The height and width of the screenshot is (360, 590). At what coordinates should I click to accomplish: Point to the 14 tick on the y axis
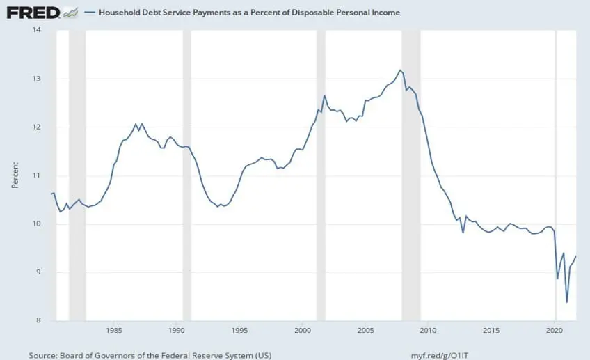36,30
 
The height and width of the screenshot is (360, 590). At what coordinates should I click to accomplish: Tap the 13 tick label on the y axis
36,79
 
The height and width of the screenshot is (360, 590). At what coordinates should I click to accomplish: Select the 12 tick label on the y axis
36,127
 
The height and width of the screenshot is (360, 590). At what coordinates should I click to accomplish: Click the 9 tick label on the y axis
38,272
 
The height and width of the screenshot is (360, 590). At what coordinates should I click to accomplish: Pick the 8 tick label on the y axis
38,320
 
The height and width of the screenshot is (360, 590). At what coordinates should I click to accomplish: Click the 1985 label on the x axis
115,329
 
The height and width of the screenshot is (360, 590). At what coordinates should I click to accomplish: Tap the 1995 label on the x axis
239,329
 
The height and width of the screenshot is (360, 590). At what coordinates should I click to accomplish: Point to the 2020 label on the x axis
555,329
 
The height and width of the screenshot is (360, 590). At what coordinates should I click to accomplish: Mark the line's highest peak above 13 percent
399,70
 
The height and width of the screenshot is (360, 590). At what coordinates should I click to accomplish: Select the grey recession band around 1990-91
186,174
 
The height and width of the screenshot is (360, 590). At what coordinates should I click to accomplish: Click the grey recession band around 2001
321,174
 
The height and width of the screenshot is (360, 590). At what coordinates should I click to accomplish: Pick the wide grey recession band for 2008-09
411,174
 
